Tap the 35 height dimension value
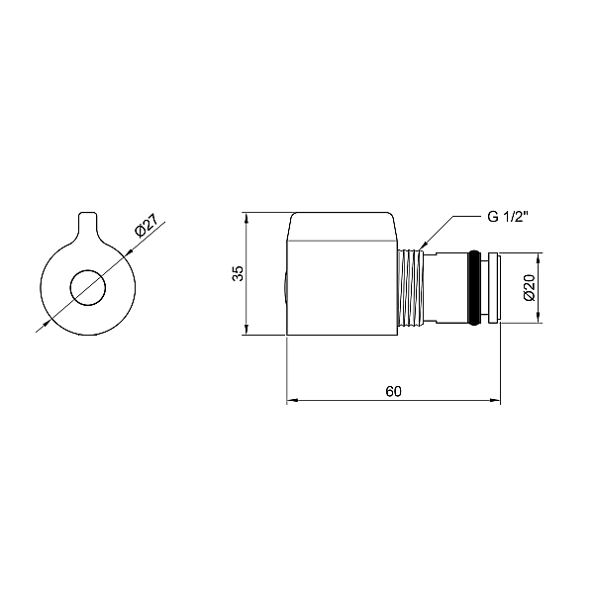[238, 273]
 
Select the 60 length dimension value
[394, 391]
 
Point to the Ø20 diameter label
[530, 287]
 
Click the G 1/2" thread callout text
[508, 217]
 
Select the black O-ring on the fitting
[473, 287]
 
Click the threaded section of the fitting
[411, 287]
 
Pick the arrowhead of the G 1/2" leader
[423, 246]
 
